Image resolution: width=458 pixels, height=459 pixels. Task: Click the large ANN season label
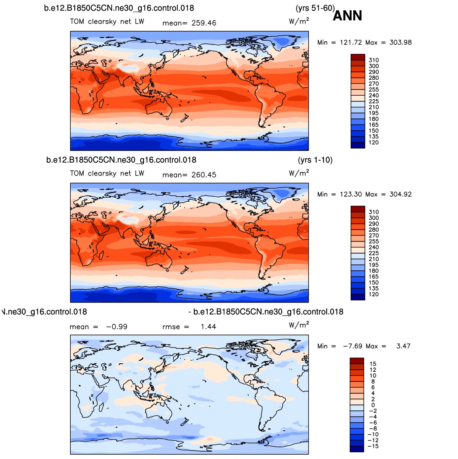point(347,16)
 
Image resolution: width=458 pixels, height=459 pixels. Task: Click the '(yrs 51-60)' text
point(315,8)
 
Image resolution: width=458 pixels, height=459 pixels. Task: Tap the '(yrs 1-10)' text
point(315,160)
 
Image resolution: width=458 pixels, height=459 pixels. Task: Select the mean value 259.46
point(204,23)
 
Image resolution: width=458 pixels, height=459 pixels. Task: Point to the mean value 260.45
point(204,175)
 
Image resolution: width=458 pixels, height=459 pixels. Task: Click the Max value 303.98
point(400,42)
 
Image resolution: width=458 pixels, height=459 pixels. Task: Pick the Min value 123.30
point(351,194)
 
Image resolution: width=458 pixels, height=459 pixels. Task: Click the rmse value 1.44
point(209,327)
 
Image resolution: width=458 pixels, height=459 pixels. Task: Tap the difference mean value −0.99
point(117,327)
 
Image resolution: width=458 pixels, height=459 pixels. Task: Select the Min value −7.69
point(353,346)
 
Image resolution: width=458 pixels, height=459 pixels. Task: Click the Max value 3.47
point(403,346)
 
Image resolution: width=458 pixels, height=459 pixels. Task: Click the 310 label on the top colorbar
point(374,60)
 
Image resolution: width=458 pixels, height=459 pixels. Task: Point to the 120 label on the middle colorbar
point(374,294)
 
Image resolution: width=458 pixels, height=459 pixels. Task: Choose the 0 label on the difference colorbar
point(373,405)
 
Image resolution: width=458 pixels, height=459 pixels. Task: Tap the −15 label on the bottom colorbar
point(373,446)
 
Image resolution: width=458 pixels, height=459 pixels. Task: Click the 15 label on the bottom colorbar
point(373,364)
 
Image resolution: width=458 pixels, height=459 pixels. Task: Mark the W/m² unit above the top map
point(299,21)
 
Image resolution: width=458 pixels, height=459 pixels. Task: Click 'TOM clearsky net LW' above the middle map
point(107,173)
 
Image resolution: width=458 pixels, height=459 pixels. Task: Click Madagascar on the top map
point(101,103)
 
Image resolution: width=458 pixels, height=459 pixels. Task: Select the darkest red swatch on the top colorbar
point(358,57)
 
